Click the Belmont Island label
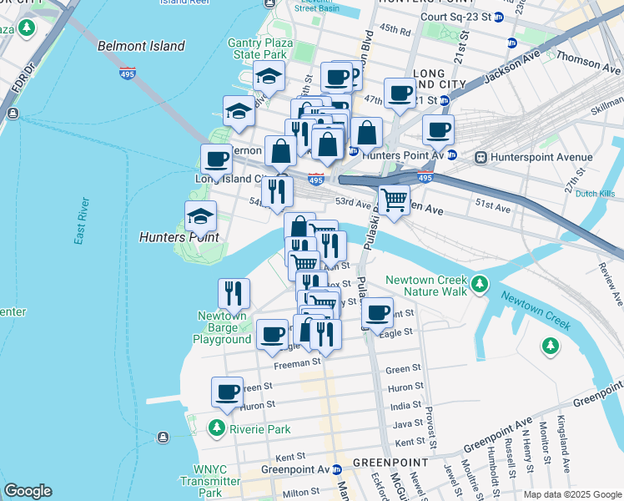pos(141,46)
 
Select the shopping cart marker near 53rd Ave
pos(394,199)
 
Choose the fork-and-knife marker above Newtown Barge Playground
pos(233,292)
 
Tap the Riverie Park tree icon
pos(217,429)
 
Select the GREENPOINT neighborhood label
pos(390,462)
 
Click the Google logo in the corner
pos(28,491)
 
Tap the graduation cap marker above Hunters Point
pos(200,215)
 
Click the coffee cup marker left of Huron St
pos(226,391)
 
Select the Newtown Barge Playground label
pos(222,327)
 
